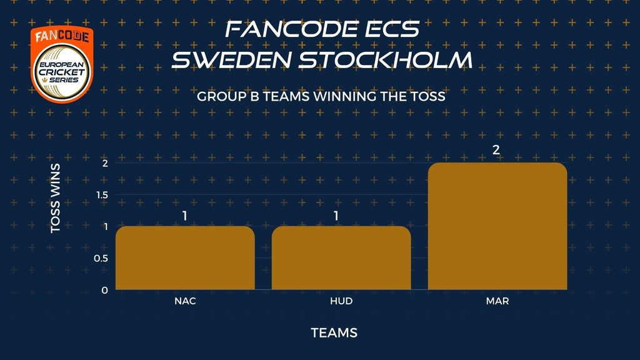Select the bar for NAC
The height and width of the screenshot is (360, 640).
185,258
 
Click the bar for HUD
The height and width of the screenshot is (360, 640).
341,258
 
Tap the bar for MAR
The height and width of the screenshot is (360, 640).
497,226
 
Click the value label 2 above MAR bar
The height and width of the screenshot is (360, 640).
496,150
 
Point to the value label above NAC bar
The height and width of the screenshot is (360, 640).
185,216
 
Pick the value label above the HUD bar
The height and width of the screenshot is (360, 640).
336,216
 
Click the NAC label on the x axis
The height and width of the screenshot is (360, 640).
185,301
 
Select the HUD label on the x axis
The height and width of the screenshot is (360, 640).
341,301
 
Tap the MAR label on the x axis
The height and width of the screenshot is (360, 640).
497,301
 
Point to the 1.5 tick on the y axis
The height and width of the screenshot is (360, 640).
102,195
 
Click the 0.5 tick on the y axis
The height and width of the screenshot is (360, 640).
101,258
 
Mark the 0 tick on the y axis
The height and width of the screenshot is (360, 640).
105,290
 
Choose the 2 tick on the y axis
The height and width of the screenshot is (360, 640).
105,163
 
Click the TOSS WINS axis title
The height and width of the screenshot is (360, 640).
55,198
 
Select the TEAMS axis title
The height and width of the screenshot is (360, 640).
334,333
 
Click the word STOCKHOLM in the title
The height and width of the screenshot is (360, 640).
386,59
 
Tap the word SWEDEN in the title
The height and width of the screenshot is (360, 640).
232,59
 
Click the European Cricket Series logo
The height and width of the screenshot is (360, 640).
62,64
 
